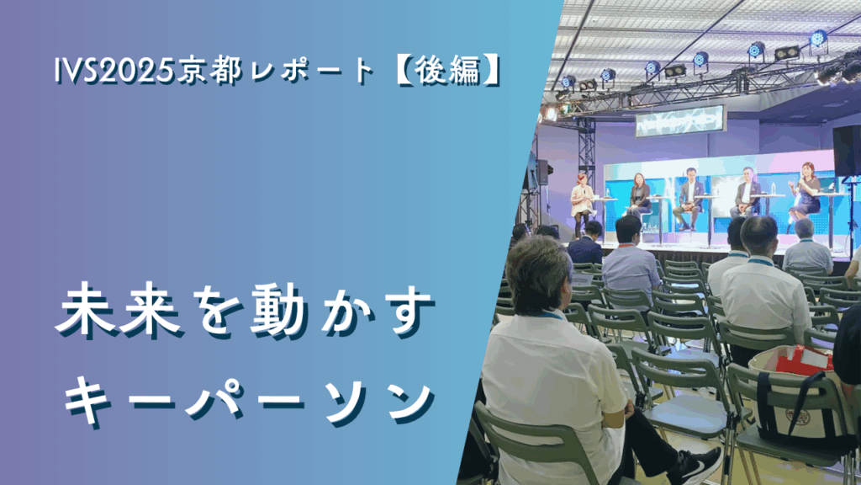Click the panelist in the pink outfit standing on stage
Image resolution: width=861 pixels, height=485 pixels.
point(582,201)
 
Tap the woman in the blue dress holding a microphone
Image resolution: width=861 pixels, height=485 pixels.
point(806,195)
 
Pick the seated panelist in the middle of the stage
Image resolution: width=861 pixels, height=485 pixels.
point(689,198)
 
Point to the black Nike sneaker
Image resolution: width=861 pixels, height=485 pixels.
point(695,466)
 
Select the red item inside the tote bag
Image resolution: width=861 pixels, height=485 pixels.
point(803,360)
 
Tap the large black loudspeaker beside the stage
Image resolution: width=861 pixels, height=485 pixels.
point(846,150)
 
